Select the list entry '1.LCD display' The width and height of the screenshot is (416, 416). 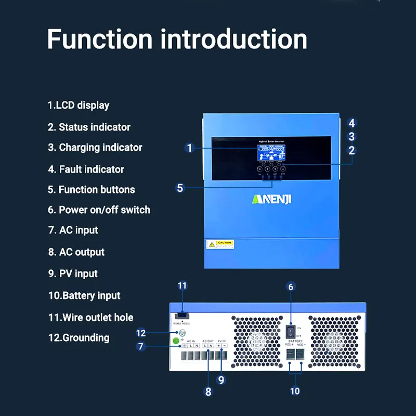click(79, 105)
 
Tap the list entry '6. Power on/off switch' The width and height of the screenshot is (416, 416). click(99, 210)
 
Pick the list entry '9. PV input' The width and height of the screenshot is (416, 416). click(73, 274)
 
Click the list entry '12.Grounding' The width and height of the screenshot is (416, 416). click(79, 337)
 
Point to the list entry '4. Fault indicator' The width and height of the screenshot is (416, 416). click(86, 169)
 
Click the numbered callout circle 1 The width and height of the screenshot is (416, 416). click(190, 148)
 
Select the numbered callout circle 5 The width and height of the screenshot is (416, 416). click(180, 188)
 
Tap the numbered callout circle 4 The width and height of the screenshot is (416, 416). click(352, 123)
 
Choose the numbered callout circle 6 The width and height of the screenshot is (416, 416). click(291, 287)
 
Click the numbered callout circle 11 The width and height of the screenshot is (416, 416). click(182, 285)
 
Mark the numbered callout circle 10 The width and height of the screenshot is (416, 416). click(295, 391)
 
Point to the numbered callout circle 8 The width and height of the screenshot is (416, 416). click(209, 392)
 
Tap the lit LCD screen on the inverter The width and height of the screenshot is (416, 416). click(271, 152)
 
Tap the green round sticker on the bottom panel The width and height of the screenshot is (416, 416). click(176, 341)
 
